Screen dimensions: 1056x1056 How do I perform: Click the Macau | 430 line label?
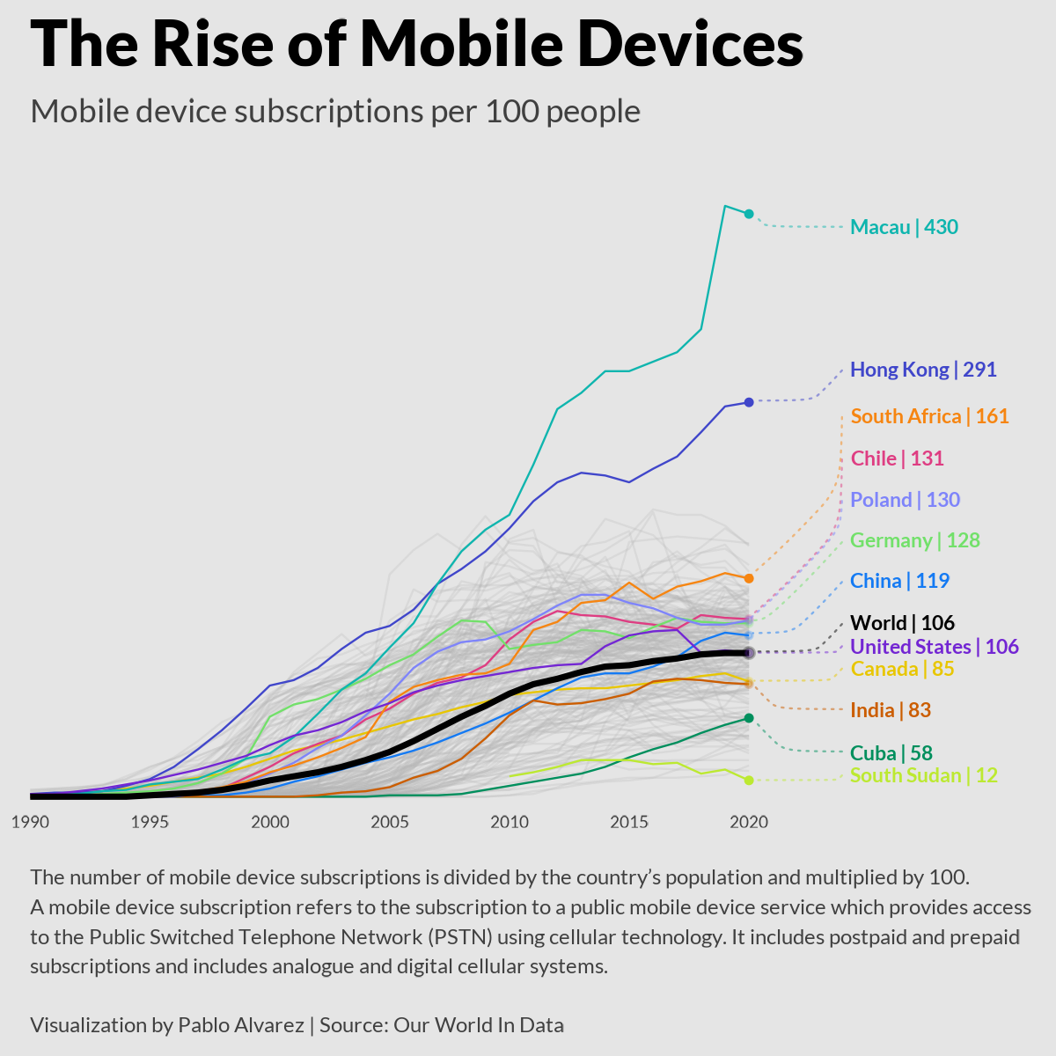904,227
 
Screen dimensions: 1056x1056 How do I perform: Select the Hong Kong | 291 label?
923,370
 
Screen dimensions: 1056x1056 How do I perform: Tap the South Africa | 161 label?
929,416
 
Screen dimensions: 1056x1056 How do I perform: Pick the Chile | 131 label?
897,458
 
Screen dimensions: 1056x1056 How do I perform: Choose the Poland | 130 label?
905,500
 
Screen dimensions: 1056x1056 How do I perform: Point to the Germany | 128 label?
915,540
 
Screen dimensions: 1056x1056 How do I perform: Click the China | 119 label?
899,581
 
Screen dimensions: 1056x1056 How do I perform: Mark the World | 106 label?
902,623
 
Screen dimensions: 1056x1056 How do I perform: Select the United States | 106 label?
935,647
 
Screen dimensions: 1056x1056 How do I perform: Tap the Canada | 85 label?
902,669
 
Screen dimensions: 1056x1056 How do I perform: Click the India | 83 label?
891,710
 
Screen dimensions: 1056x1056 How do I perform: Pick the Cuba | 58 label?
891,753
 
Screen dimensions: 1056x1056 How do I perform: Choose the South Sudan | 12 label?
924,775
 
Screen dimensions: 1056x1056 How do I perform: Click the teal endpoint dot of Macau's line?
749,214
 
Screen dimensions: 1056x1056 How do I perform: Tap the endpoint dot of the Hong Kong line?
749,402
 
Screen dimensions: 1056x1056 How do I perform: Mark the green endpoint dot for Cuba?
749,718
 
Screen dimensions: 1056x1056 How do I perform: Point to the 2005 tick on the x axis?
389,823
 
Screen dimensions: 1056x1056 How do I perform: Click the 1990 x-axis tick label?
30,823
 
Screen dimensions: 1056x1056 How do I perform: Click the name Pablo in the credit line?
203,1025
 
